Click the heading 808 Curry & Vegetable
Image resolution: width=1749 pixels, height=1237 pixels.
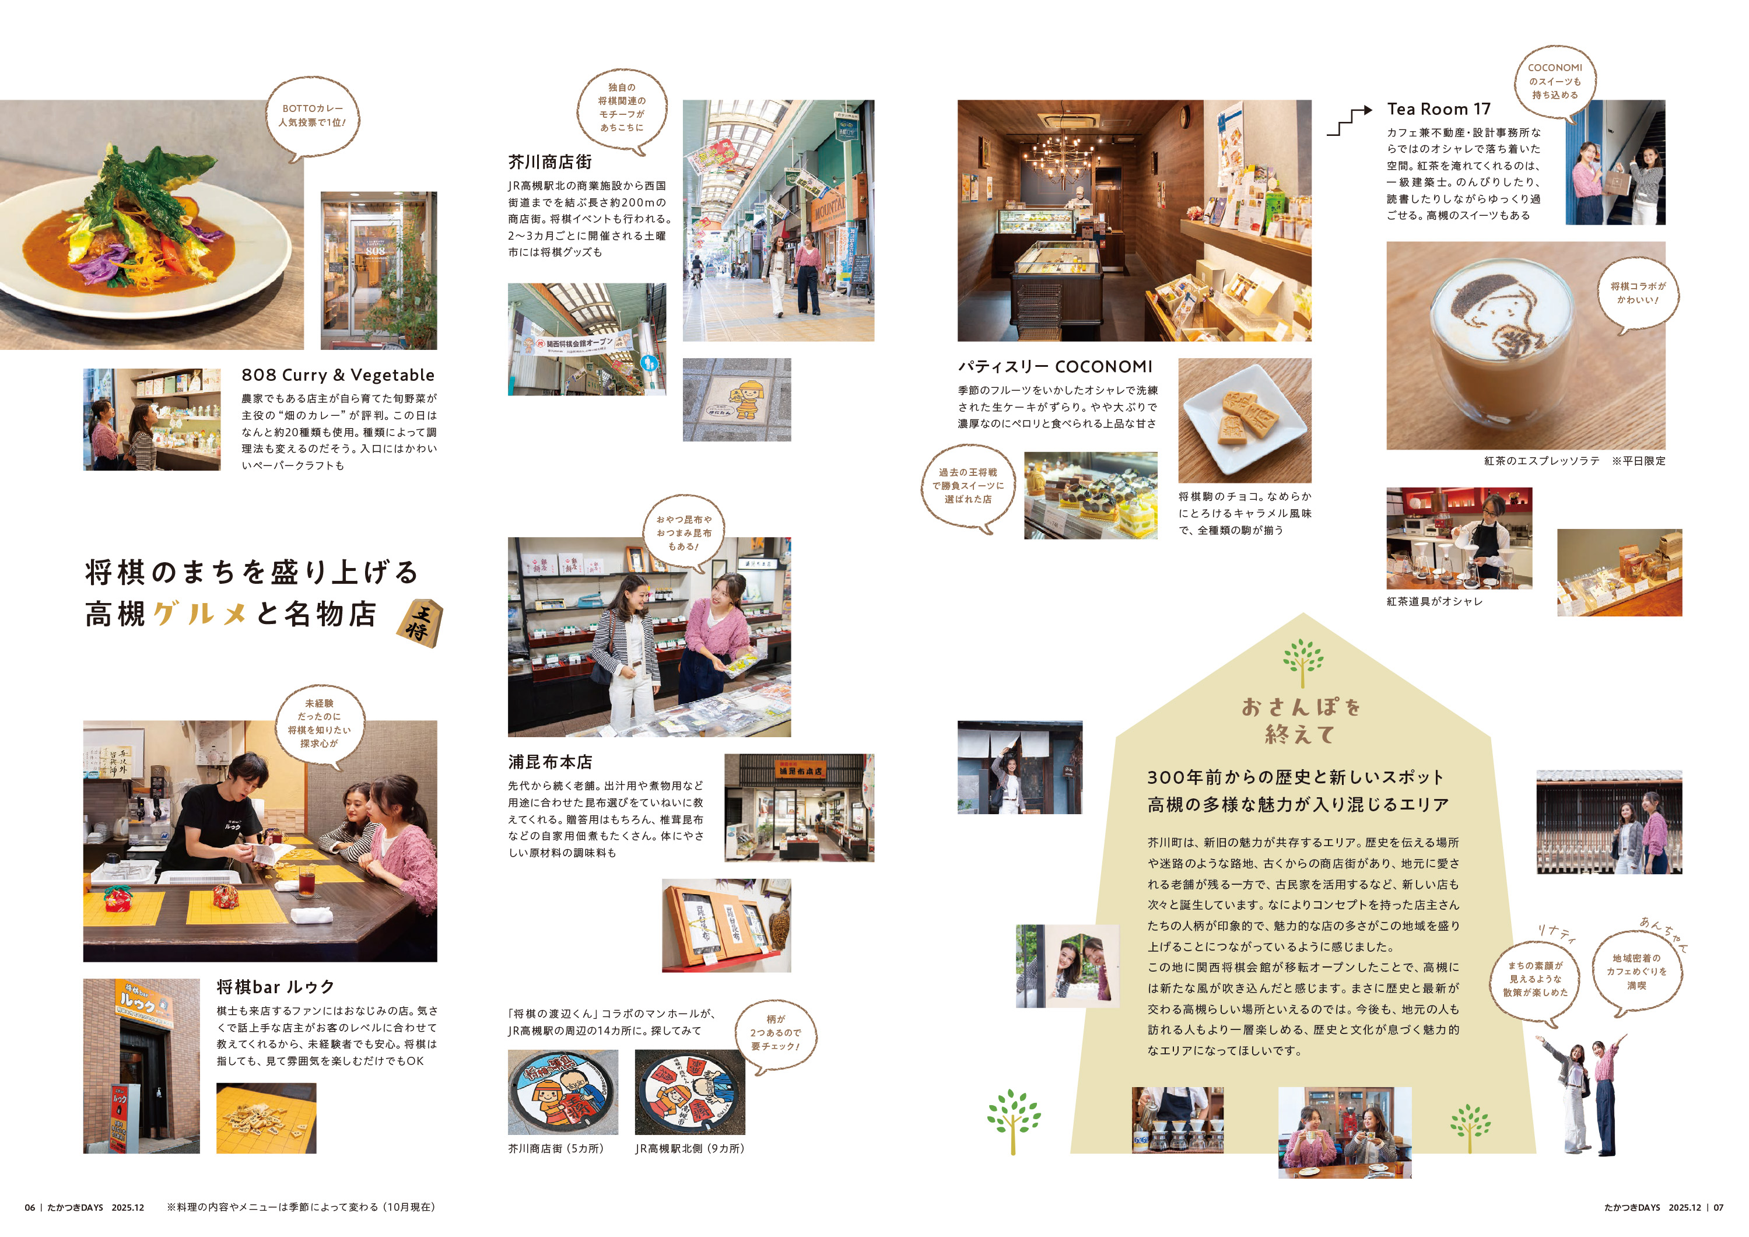tap(338, 375)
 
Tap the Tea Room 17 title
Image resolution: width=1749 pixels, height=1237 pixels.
tap(1438, 109)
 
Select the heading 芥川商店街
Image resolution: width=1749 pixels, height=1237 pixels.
tap(549, 162)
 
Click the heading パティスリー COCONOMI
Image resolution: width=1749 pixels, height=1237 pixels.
tap(1055, 366)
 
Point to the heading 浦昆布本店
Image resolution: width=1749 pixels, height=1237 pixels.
tap(550, 762)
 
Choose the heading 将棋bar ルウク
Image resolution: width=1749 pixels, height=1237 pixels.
tap(276, 987)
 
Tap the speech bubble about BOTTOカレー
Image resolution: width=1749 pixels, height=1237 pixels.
tap(313, 117)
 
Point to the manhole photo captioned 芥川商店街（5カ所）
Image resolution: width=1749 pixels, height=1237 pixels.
tap(563, 1092)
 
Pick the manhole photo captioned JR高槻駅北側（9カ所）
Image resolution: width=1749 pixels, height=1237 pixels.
tap(689, 1092)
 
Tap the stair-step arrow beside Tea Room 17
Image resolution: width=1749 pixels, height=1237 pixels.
tap(1348, 122)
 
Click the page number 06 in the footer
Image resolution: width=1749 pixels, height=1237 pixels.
tap(30, 1207)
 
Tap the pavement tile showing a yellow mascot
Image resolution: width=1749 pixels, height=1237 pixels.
tap(737, 400)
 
